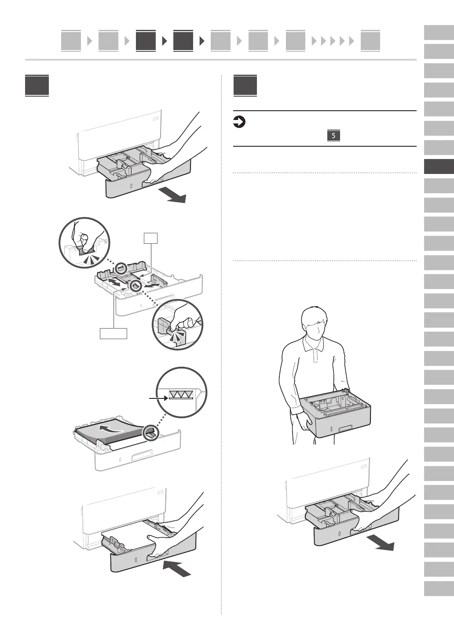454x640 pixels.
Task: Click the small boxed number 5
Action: pyautogui.click(x=333, y=136)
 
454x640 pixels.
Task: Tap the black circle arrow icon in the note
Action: pyautogui.click(x=239, y=122)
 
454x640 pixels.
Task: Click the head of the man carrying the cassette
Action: pyautogui.click(x=314, y=324)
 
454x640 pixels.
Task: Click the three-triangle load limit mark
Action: pyautogui.click(x=181, y=395)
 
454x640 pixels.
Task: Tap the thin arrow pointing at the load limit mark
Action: pyautogui.click(x=158, y=398)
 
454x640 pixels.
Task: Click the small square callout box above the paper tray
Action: pyautogui.click(x=151, y=238)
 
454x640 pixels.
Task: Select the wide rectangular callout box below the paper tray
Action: pyautogui.click(x=113, y=333)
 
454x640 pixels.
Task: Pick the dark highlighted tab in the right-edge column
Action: pyautogui.click(x=439, y=166)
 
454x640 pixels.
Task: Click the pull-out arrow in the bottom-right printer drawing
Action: pyautogui.click(x=381, y=543)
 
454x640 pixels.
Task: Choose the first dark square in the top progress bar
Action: pyautogui.click(x=146, y=40)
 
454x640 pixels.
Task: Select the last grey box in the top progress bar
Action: pyautogui.click(x=370, y=40)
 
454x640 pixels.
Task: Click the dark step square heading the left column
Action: pyautogui.click(x=37, y=86)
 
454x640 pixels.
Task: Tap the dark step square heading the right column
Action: pyautogui.click(x=245, y=86)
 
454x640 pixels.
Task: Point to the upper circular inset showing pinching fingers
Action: pyautogui.click(x=84, y=242)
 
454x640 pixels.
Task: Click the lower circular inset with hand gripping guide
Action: pyautogui.click(x=177, y=325)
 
